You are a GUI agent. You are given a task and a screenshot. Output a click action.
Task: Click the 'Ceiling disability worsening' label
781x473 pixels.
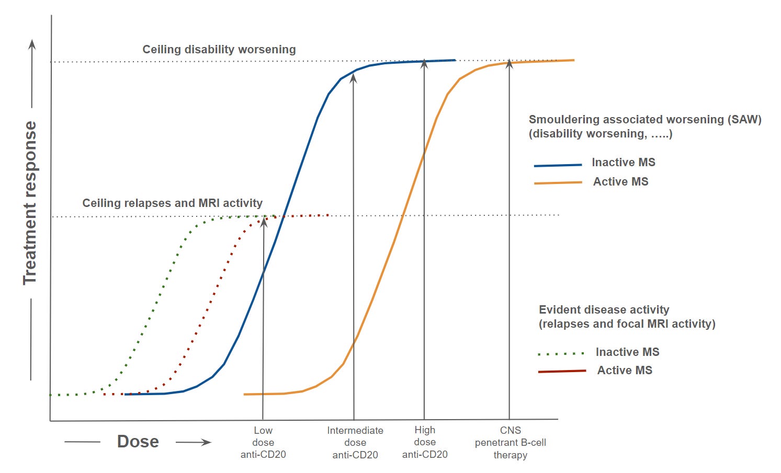[219, 50]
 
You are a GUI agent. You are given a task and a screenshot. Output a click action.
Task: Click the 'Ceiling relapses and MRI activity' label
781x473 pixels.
[172, 203]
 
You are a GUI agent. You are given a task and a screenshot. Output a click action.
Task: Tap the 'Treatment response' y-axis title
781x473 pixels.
[30, 203]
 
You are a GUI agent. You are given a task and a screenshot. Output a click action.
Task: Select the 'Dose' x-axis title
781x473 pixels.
[138, 442]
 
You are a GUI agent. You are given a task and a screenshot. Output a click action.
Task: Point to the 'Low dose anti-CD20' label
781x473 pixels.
[263, 442]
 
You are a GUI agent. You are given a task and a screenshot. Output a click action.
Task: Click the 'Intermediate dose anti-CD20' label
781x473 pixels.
[355, 442]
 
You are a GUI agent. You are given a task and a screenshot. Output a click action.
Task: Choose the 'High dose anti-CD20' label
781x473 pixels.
[425, 442]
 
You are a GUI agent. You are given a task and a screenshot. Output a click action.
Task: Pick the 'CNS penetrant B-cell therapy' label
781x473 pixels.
[511, 442]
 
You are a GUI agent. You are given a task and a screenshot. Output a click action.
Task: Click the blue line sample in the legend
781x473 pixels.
[558, 166]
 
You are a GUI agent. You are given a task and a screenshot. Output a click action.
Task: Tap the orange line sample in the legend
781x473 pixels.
[558, 182]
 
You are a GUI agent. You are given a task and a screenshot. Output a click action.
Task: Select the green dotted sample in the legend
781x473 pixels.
[561, 354]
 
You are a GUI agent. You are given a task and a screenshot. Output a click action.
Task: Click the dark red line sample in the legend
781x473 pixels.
[562, 371]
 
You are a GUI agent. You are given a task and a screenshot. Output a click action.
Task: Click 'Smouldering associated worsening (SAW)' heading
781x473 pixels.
[645, 120]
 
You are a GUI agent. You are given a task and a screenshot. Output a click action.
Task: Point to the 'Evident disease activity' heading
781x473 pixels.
[604, 309]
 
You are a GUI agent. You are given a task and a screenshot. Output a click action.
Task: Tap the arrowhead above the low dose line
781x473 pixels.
[264, 222]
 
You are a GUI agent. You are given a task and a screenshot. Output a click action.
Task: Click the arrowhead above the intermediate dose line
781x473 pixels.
[354, 78]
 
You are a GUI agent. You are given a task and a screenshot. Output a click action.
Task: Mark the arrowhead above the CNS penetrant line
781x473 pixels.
[510, 64]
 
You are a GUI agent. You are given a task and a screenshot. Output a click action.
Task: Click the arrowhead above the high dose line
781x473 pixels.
[424, 64]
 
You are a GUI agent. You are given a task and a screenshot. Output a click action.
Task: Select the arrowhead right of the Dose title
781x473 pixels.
[206, 442]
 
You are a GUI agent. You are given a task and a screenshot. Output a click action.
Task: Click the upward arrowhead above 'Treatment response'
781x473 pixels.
[32, 44]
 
